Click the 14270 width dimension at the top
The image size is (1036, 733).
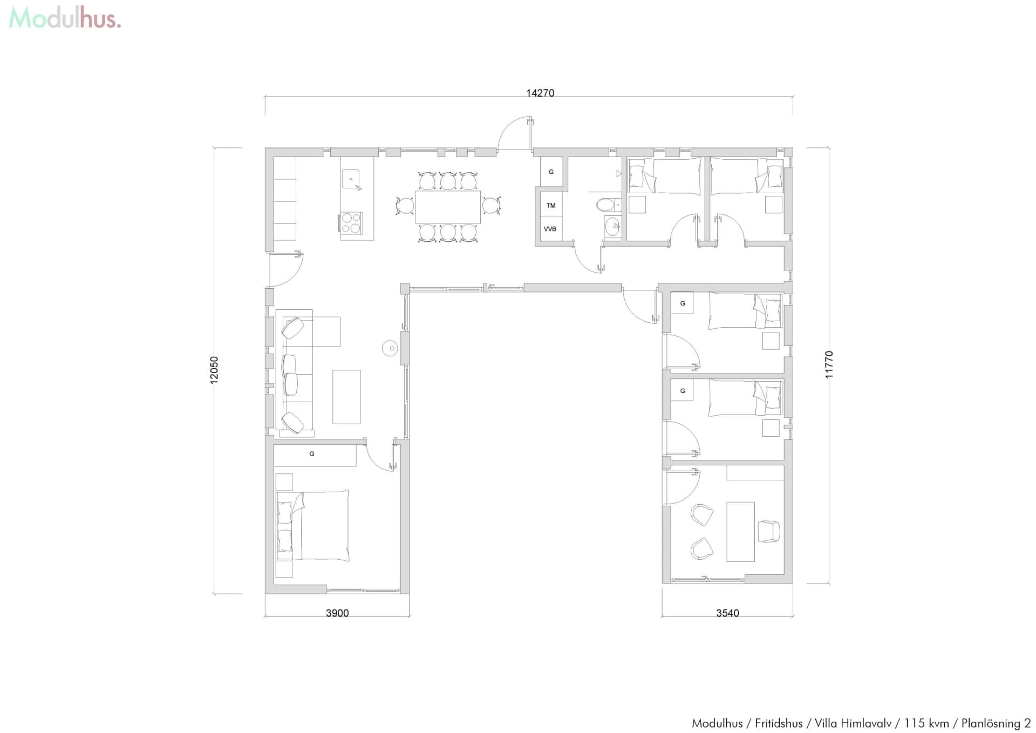[540, 93]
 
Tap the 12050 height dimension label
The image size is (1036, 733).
[214, 370]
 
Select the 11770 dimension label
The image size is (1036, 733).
[829, 364]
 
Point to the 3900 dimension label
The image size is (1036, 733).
[337, 613]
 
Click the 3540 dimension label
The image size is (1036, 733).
[727, 613]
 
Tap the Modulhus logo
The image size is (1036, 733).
[65, 18]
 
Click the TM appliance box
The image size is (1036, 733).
[551, 205]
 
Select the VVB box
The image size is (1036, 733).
[550, 229]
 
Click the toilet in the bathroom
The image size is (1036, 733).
[608, 205]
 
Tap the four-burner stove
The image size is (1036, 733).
[351, 223]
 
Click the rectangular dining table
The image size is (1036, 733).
[447, 207]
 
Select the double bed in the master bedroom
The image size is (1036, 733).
[313, 525]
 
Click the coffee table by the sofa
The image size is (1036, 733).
[346, 397]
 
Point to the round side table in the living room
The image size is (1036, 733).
[390, 348]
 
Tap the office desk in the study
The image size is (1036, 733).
[740, 532]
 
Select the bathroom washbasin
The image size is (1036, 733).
[612, 227]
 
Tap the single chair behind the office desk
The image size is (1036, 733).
[768, 531]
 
